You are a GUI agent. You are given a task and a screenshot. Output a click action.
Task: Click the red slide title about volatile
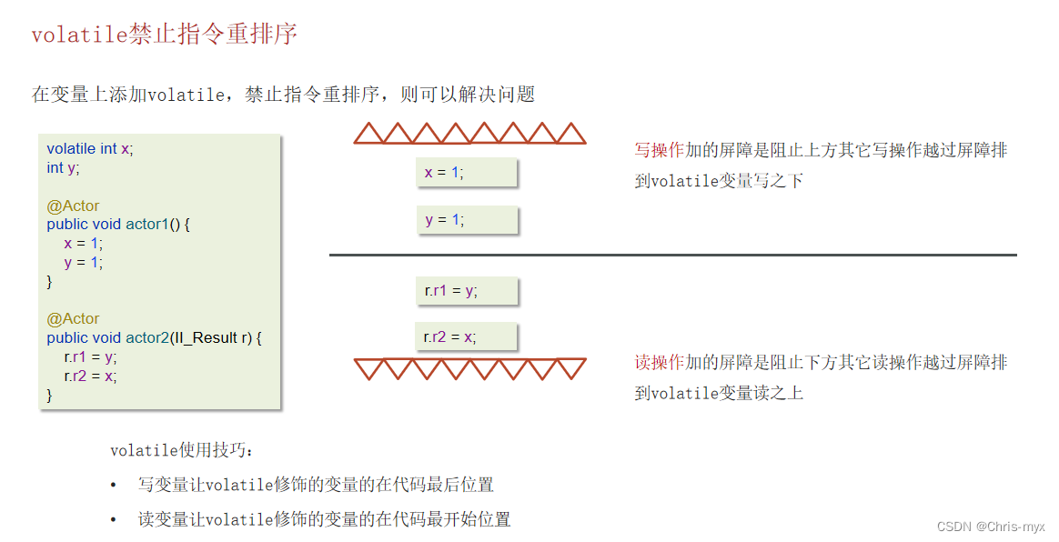(x=164, y=35)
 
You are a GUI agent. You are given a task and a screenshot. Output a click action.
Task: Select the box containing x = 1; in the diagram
(x=467, y=173)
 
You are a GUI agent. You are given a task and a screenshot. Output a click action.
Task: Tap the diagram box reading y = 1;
(x=467, y=220)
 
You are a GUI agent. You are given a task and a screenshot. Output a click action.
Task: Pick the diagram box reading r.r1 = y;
(x=466, y=291)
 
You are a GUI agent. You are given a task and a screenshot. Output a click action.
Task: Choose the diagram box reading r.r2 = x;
(x=466, y=336)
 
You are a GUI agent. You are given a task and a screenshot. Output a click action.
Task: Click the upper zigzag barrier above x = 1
(x=469, y=134)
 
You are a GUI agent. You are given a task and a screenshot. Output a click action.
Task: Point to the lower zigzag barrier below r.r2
(x=469, y=368)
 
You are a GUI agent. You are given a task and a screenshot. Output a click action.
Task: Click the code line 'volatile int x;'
(x=90, y=149)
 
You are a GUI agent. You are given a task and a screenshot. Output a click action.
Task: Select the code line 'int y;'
(x=63, y=167)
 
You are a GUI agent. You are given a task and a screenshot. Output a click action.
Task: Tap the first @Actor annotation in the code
(x=73, y=206)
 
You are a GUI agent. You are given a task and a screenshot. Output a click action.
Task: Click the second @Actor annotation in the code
(x=73, y=318)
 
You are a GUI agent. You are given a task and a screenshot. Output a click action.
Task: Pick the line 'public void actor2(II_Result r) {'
(x=154, y=337)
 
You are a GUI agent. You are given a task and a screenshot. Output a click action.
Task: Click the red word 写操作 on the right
(x=660, y=150)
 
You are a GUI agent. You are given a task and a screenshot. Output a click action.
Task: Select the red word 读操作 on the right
(x=660, y=363)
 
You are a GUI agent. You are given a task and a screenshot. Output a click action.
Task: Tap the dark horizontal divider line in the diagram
(x=672, y=256)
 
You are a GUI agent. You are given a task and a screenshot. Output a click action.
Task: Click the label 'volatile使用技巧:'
(x=183, y=450)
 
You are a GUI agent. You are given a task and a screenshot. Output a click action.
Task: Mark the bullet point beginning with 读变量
(x=324, y=519)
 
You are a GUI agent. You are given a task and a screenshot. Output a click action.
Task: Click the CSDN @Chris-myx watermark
(x=991, y=527)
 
